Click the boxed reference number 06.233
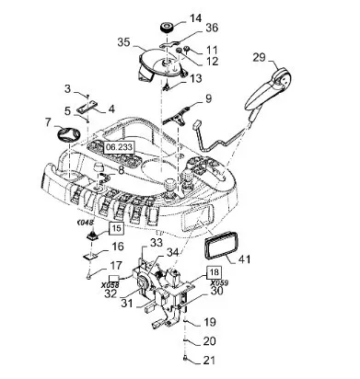click(119, 147)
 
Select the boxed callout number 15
click(117, 228)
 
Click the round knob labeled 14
click(168, 28)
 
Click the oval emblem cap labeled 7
click(68, 134)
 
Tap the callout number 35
click(124, 42)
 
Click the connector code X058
click(110, 285)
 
